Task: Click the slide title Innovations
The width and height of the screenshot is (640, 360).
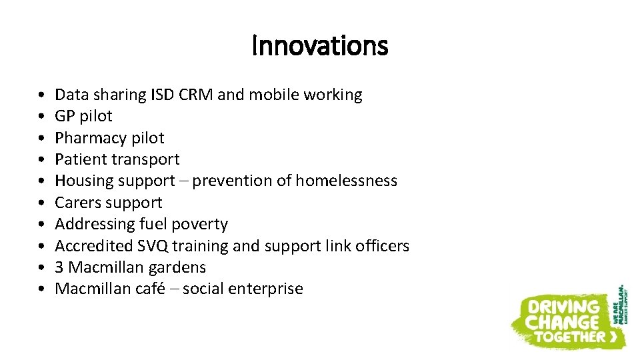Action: pyautogui.click(x=320, y=46)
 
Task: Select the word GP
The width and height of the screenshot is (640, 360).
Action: pyautogui.click(x=65, y=116)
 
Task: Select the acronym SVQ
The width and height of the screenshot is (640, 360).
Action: pyautogui.click(x=153, y=246)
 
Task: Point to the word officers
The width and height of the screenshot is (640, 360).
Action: pyautogui.click(x=382, y=246)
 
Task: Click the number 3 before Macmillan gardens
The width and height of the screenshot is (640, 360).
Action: pyautogui.click(x=59, y=267)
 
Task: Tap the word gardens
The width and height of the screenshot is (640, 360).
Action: pyautogui.click(x=181, y=268)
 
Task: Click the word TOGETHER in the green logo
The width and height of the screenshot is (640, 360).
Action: pyautogui.click(x=567, y=337)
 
